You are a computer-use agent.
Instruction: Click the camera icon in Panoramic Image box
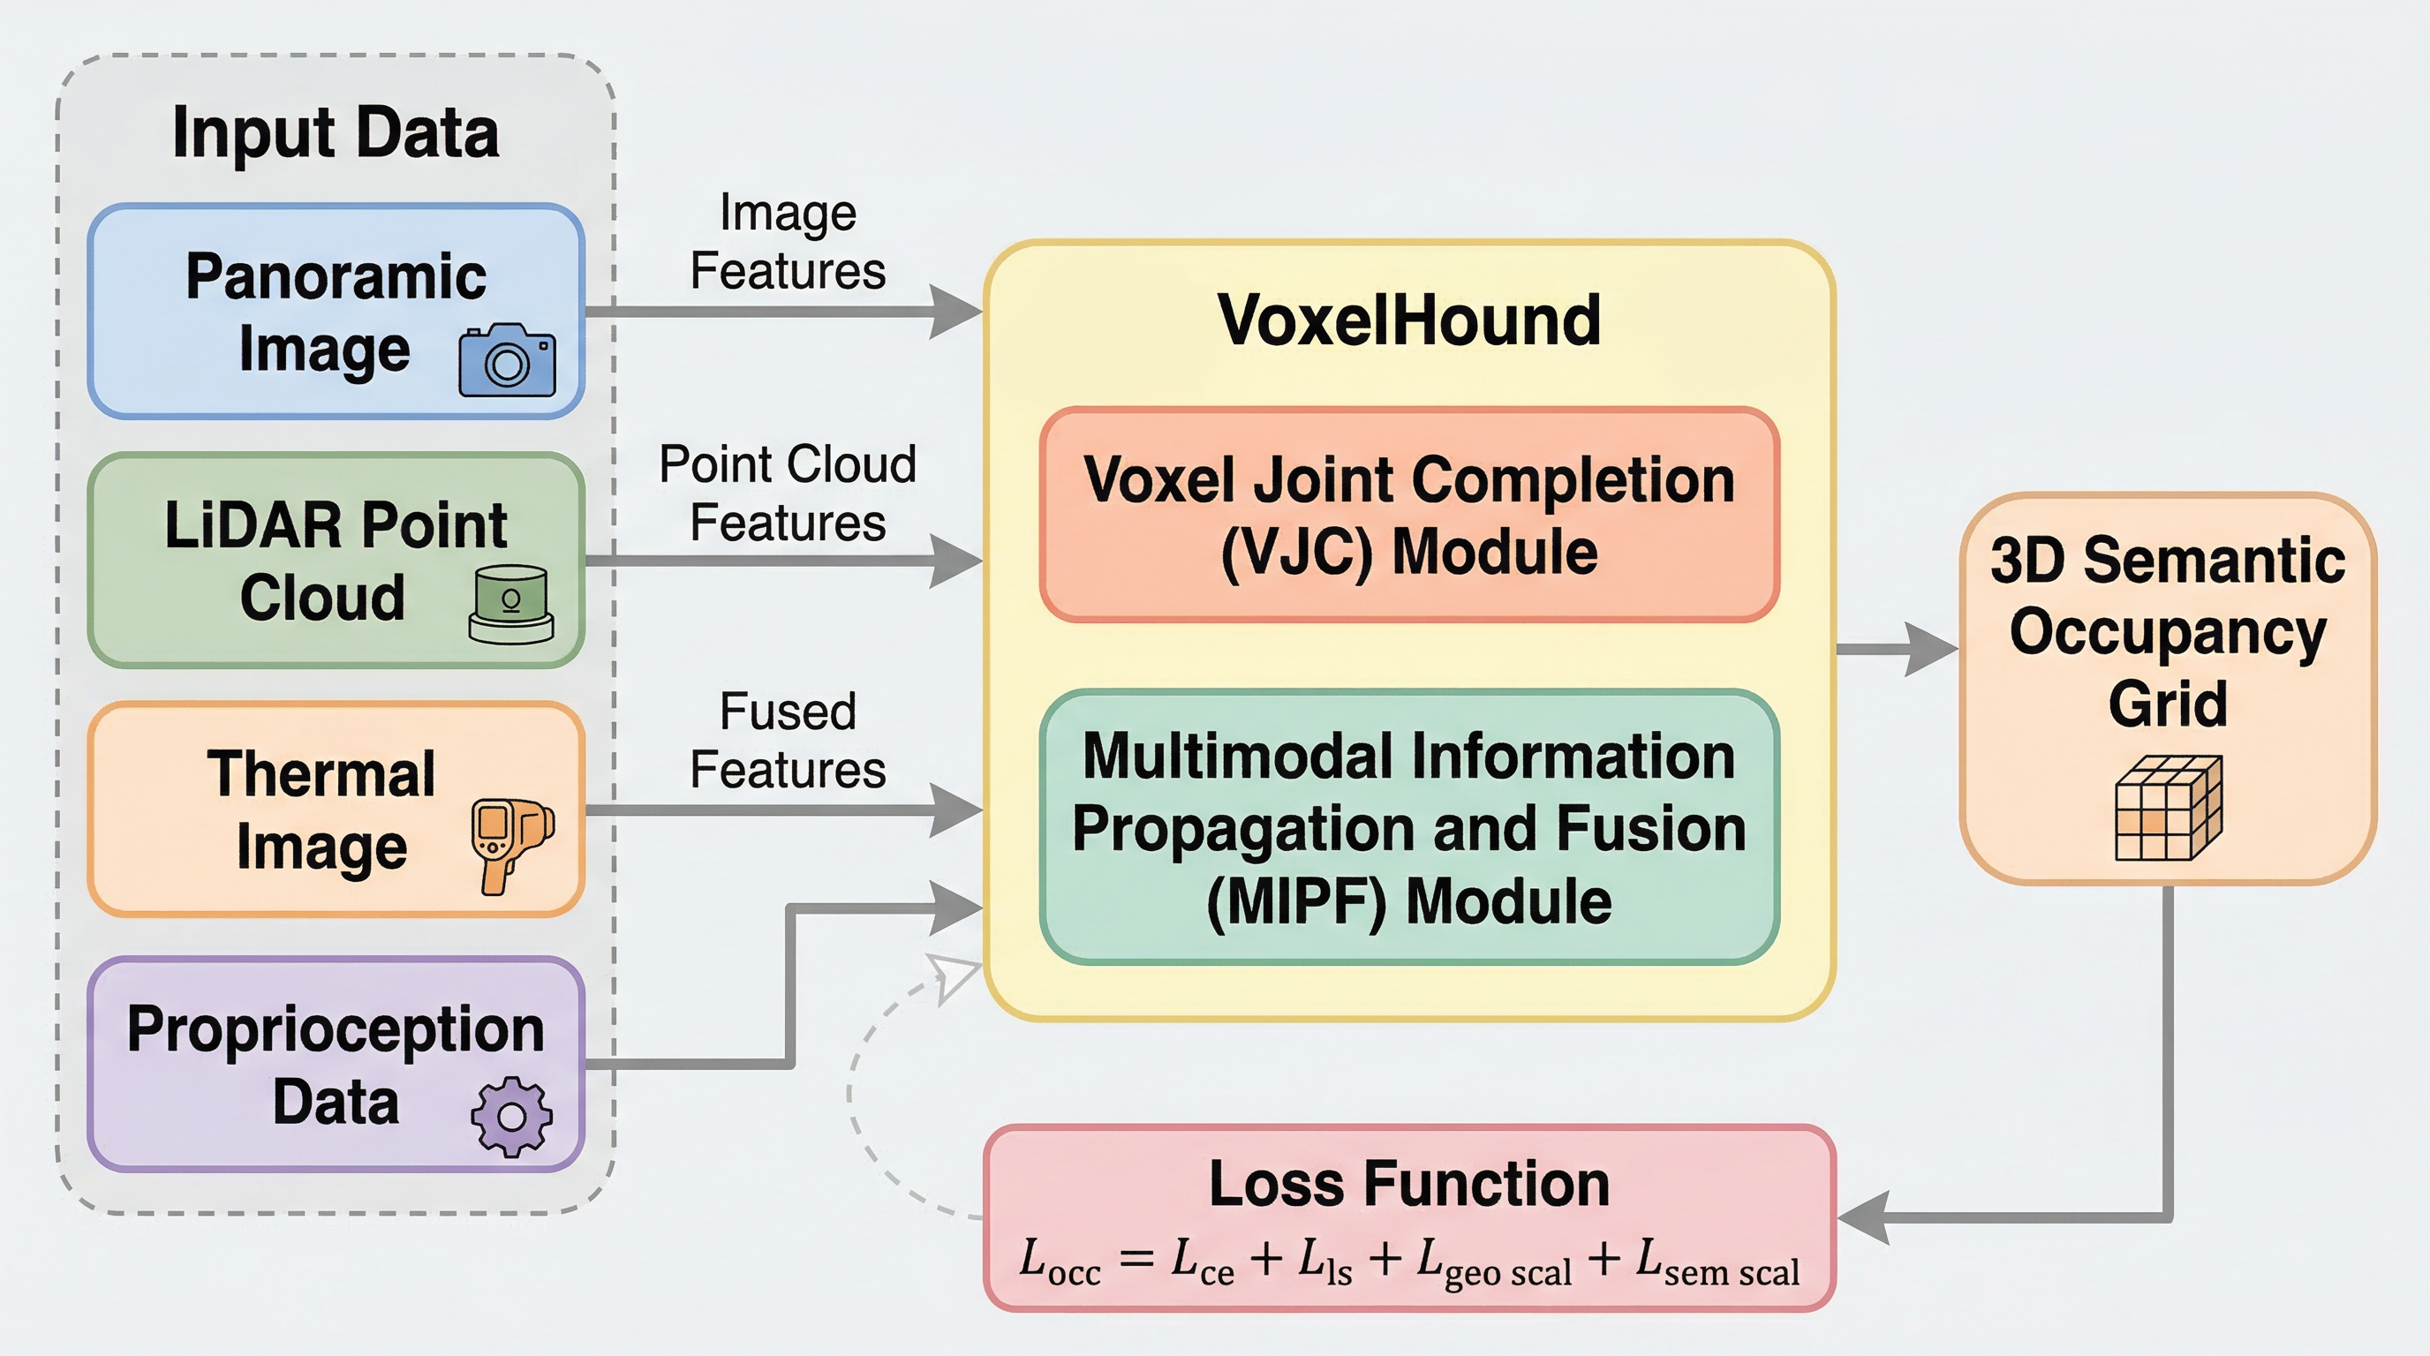click(507, 360)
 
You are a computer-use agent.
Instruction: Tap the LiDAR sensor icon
click(511, 604)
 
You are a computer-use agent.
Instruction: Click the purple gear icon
click(511, 1117)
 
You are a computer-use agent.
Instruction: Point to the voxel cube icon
click(2168, 808)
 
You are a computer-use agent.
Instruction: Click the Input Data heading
click(335, 133)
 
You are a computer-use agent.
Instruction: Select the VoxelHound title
click(1409, 320)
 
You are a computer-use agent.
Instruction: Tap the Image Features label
click(788, 241)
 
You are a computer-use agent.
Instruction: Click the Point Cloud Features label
click(788, 493)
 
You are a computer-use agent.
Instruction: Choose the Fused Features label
click(788, 740)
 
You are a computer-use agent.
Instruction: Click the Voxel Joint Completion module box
click(1409, 515)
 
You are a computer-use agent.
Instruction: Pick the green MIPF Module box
click(1409, 828)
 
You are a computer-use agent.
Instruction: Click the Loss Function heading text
click(1409, 1185)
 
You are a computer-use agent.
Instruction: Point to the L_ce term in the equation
click(1202, 1262)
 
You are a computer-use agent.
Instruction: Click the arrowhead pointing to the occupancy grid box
click(1929, 649)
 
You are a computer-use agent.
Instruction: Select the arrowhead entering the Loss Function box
click(1863, 1218)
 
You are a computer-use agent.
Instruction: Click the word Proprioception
click(335, 1029)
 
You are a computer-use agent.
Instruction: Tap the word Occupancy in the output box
click(2168, 632)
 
